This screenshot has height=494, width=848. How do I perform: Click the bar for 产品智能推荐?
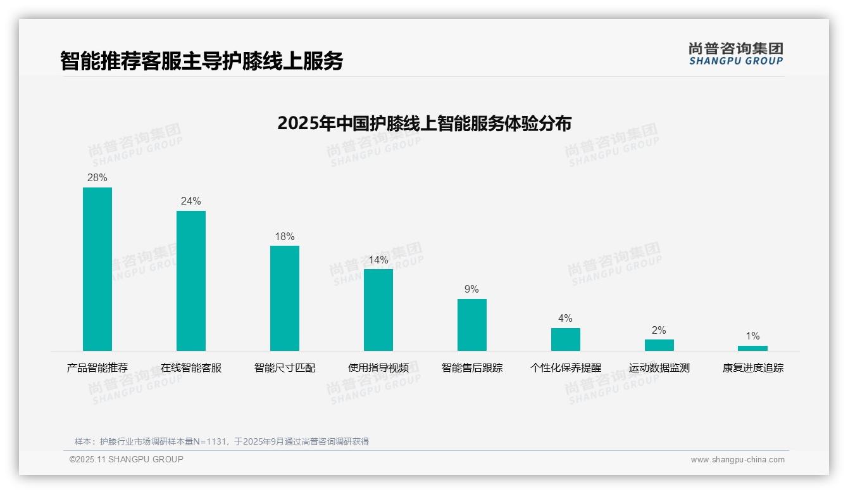[x=97, y=269]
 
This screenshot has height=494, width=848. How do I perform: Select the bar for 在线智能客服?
[x=191, y=281]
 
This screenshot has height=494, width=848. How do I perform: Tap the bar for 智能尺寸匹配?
[x=285, y=298]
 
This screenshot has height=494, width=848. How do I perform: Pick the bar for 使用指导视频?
[x=378, y=310]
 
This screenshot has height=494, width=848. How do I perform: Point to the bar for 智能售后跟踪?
[x=472, y=325]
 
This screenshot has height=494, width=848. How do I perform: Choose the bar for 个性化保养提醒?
[x=566, y=339]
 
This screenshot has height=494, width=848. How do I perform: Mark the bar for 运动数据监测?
[x=659, y=345]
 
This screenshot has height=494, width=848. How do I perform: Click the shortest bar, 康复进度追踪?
[x=752, y=348]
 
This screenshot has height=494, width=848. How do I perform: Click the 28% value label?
[x=97, y=178]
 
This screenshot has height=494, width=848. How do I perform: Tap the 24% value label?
[x=191, y=201]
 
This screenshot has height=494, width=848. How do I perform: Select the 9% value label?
[x=472, y=289]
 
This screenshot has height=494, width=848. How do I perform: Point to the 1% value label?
[x=752, y=336]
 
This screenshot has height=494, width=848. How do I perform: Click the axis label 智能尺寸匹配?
[x=285, y=368]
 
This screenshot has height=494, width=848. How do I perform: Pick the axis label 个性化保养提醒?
[x=566, y=368]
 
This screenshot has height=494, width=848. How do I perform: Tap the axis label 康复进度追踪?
[x=752, y=368]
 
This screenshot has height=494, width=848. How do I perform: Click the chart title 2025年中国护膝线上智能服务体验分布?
[x=424, y=123]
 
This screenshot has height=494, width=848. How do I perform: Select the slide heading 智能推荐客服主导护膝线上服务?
[x=202, y=61]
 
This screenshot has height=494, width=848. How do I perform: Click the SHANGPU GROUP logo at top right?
[x=736, y=54]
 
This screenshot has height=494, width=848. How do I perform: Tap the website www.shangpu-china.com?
[x=737, y=460]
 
